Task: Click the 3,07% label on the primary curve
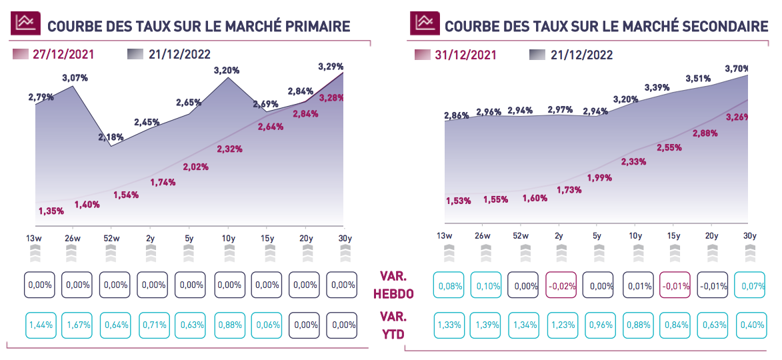(75, 78)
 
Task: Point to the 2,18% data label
(111, 137)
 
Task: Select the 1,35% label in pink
(51, 211)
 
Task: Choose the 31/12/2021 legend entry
(465, 55)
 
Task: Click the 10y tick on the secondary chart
(635, 235)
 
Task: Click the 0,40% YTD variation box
(749, 325)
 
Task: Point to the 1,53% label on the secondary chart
(459, 201)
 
